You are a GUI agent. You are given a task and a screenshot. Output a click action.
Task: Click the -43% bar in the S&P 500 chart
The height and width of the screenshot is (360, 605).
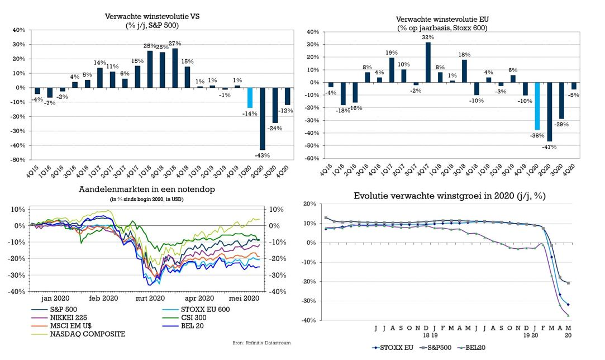[262, 119]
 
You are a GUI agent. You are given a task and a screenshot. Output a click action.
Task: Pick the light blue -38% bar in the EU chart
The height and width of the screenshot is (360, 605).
[537, 106]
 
